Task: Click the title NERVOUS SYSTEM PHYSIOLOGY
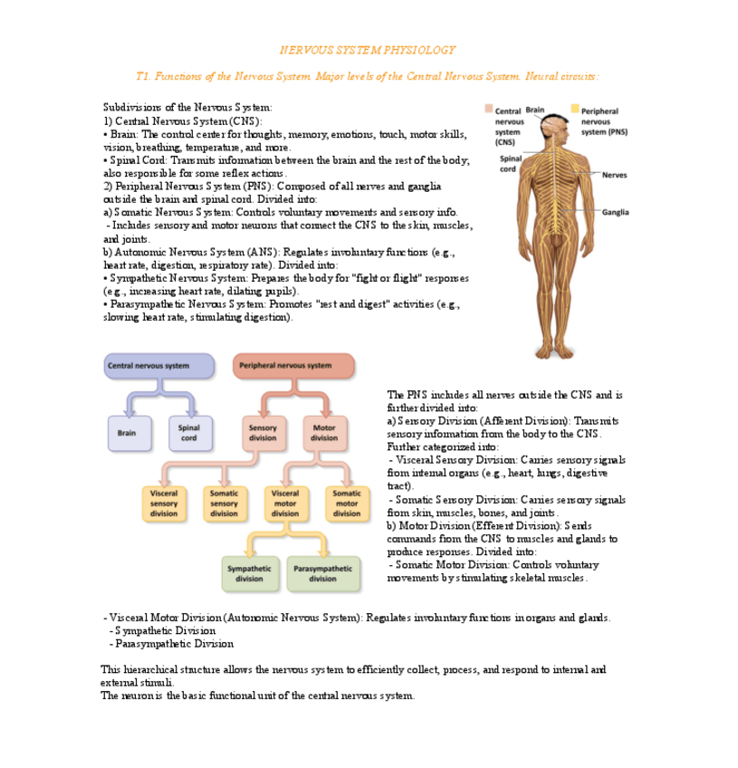(x=367, y=50)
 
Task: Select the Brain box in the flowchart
(x=126, y=433)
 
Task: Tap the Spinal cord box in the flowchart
(x=188, y=433)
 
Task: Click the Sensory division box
(x=263, y=433)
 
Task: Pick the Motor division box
(x=324, y=433)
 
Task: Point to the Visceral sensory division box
(x=164, y=503)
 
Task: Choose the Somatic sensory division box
(x=225, y=503)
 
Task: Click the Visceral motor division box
(x=285, y=503)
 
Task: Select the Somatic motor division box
(x=346, y=503)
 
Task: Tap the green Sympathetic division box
(x=249, y=573)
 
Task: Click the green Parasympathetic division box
(x=322, y=573)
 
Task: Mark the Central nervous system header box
(x=159, y=366)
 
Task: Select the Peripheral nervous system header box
(x=293, y=366)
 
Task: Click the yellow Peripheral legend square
(x=574, y=110)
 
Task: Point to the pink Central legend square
(x=489, y=110)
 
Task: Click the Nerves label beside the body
(x=613, y=175)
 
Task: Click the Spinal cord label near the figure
(x=509, y=164)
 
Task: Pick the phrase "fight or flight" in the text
(x=359, y=278)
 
